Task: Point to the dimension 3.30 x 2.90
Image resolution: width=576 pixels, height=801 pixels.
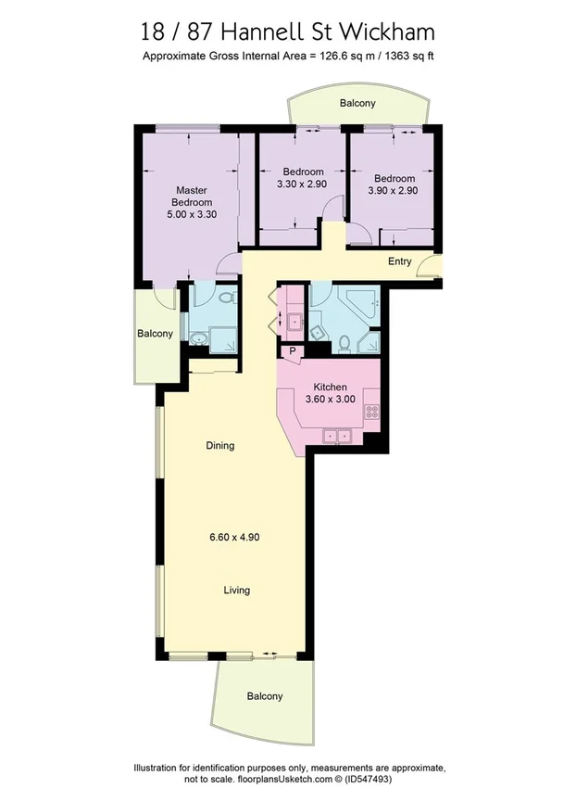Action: tap(303, 184)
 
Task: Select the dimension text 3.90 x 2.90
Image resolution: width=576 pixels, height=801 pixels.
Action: tap(394, 190)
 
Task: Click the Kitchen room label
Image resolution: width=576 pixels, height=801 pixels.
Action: tap(330, 388)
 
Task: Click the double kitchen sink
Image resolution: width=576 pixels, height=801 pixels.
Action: tap(334, 434)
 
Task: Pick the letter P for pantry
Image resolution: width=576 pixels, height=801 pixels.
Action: tap(293, 351)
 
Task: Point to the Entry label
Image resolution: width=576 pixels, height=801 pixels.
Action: tap(399, 261)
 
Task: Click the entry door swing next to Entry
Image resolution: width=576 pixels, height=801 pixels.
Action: tap(427, 268)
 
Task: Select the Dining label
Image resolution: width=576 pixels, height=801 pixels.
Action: tap(219, 446)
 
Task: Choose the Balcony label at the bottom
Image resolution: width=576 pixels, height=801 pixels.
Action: tap(264, 696)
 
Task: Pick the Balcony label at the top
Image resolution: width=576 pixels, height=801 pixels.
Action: tap(357, 104)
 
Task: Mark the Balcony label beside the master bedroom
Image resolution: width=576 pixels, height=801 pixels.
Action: tap(155, 334)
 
